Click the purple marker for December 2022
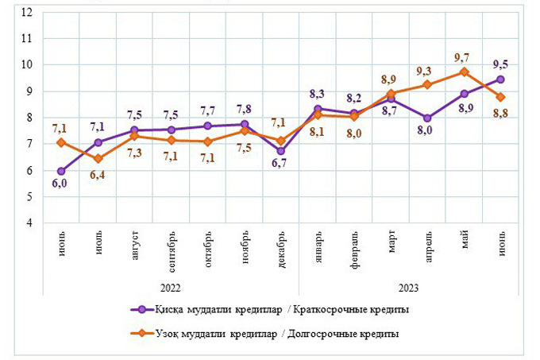[280, 150]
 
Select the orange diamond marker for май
[465, 72]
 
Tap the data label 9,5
[500, 64]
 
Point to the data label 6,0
[60, 184]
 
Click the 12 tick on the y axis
[29, 12]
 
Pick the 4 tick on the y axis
[29, 223]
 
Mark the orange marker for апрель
[427, 84]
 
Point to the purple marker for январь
[318, 108]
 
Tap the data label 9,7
[463, 57]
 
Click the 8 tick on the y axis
[29, 118]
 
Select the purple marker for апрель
[427, 118]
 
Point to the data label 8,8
[501, 112]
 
